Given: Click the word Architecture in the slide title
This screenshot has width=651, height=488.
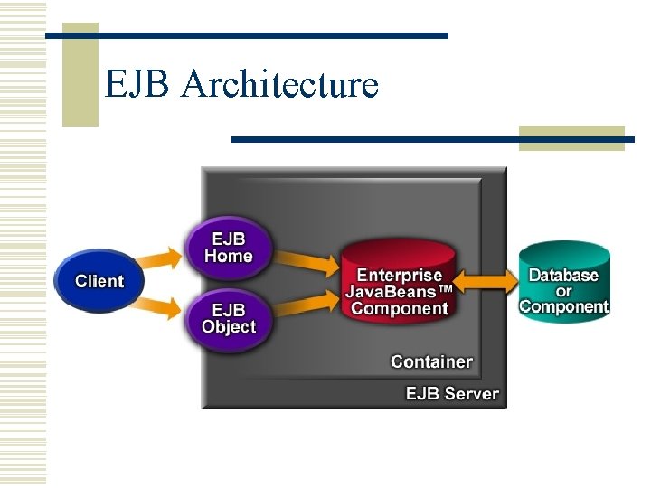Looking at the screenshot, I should [x=279, y=85].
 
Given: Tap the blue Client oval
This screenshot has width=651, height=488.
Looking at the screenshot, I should [x=99, y=281].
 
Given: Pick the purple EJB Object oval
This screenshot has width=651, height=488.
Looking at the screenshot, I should [x=228, y=317].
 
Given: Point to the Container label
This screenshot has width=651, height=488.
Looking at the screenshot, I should [x=431, y=361].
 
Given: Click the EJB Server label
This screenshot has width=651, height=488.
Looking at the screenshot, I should [x=452, y=393].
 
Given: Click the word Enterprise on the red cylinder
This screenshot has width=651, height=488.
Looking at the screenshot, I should [x=399, y=275].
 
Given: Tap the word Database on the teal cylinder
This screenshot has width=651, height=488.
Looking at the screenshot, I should [x=563, y=275].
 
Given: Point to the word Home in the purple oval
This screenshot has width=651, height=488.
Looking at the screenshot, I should [x=228, y=256].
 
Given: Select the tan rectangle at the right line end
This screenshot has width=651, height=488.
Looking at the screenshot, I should [x=571, y=138].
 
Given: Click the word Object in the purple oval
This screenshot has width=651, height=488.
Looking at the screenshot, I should [x=229, y=326].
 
